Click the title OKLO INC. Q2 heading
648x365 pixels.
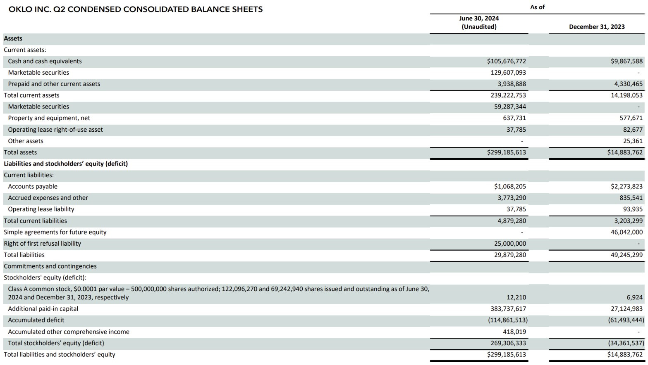click(x=136, y=9)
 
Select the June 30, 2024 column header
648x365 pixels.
click(x=479, y=22)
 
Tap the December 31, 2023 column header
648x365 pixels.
click(x=597, y=27)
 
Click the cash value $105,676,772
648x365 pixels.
click(x=507, y=61)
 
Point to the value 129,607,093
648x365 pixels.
click(x=508, y=73)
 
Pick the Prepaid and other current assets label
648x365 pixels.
click(x=54, y=84)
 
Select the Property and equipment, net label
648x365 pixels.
click(x=49, y=118)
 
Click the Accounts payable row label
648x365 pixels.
click(x=33, y=187)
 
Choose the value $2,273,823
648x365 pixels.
click(x=626, y=187)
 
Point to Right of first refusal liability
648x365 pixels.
click(x=42, y=244)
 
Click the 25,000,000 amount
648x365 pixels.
click(x=510, y=244)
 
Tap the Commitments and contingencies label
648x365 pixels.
click(x=50, y=266)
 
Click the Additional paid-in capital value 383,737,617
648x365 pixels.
click(x=508, y=309)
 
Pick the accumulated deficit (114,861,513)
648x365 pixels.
click(x=508, y=320)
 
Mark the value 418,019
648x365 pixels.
click(x=514, y=332)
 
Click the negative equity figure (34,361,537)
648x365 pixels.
click(x=626, y=343)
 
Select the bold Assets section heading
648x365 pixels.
click(x=13, y=38)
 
